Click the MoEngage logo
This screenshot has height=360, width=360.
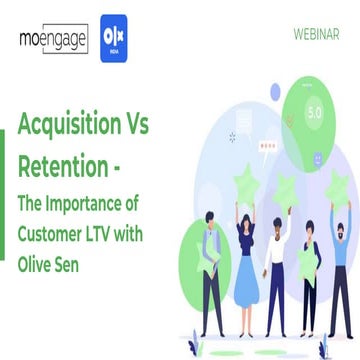pyautogui.click(x=53, y=40)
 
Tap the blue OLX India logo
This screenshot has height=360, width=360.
pyautogui.click(x=119, y=39)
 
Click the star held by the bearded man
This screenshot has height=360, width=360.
pyautogui.click(x=337, y=188)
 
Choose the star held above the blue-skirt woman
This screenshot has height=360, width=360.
pyautogui.click(x=247, y=184)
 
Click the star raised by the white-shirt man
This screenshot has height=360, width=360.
pyautogui.click(x=285, y=189)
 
